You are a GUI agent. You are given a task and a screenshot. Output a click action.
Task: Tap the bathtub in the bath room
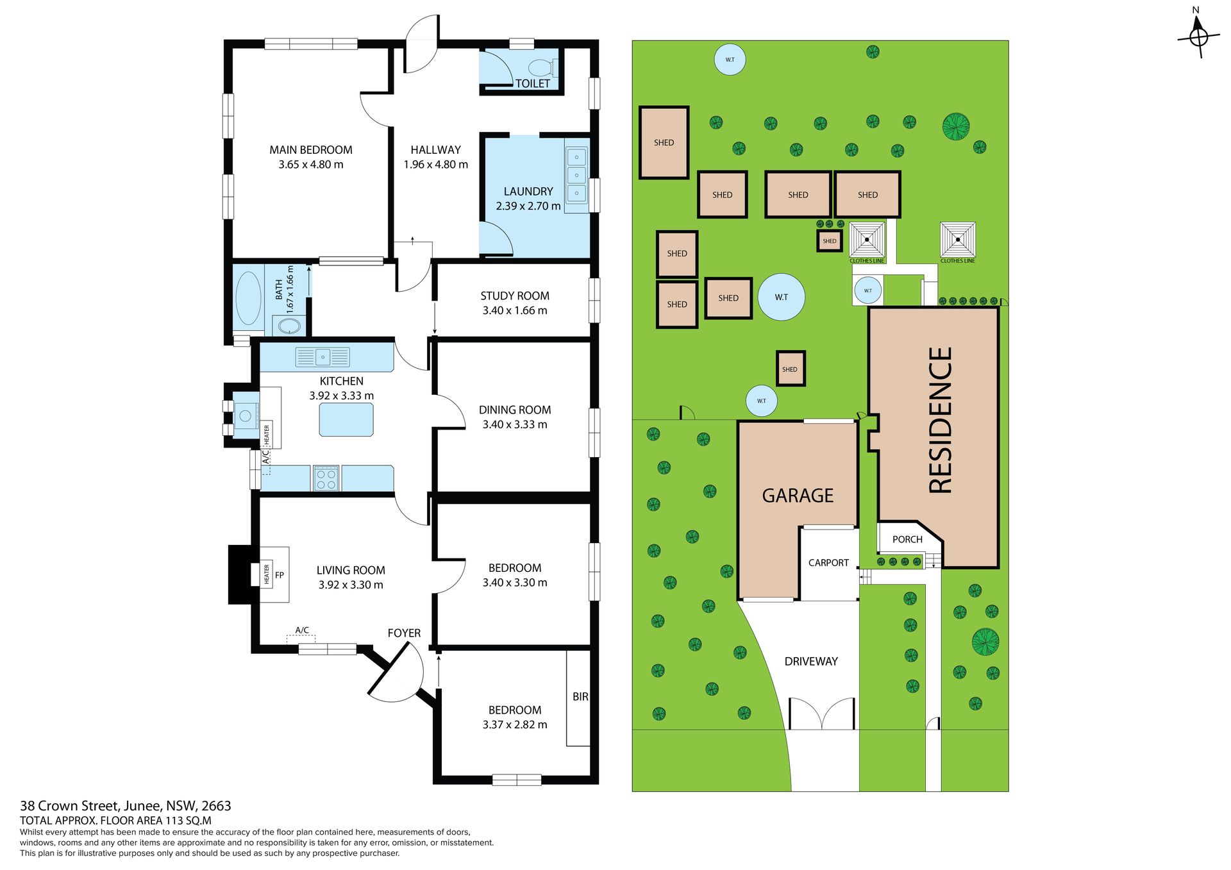click(248, 298)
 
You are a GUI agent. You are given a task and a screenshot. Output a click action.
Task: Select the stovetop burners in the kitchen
click(326, 478)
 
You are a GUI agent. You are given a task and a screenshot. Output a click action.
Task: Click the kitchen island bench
click(346, 420)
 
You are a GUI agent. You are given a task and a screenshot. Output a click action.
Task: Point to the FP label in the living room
click(280, 575)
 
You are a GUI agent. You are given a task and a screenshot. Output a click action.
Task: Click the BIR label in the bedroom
click(580, 696)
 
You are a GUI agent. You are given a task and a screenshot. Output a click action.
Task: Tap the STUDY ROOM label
click(515, 296)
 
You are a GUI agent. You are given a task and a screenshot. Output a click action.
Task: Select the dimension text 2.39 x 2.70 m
click(528, 206)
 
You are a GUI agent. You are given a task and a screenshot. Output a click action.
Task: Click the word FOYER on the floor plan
click(404, 633)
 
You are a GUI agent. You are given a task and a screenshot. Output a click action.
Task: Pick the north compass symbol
click(1198, 35)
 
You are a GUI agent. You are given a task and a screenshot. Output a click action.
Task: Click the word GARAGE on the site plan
click(798, 496)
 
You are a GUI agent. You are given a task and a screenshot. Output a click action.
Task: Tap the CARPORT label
click(828, 563)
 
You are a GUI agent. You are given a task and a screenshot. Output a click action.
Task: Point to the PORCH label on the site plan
click(907, 539)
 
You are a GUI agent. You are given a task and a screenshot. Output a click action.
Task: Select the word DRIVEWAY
click(811, 661)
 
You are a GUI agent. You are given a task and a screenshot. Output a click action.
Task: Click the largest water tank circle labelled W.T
click(781, 297)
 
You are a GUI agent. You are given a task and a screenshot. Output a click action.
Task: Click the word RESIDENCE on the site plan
click(941, 420)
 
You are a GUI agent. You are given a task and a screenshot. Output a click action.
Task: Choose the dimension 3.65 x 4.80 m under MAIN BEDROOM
click(311, 164)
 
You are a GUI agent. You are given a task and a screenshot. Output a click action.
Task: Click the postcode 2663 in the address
click(216, 806)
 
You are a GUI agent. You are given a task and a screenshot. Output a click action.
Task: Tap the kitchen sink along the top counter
click(322, 356)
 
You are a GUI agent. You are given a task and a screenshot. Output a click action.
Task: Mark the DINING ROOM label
click(515, 410)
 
